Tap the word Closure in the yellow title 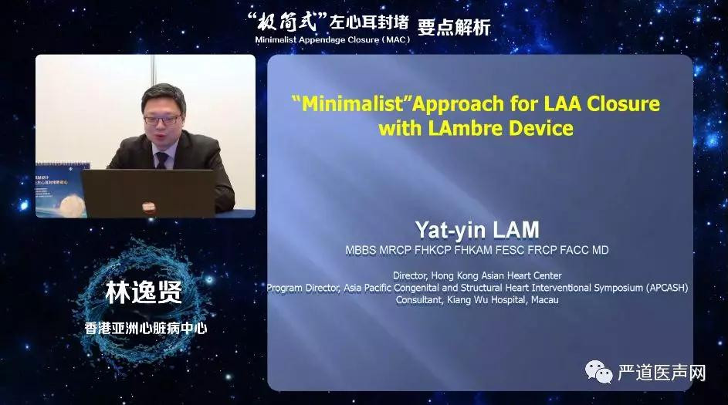pos(623,103)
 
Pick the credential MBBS pos(361,251)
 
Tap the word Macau pos(544,299)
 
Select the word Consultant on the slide pos(419,300)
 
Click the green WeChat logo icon pos(599,372)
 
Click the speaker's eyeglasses pos(162,120)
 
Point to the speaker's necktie pos(161,160)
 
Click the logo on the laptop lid pos(148,208)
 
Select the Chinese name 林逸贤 pos(144,292)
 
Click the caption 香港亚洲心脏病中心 pos(146,328)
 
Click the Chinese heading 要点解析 pos(454,27)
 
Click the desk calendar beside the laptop pos(63,189)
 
